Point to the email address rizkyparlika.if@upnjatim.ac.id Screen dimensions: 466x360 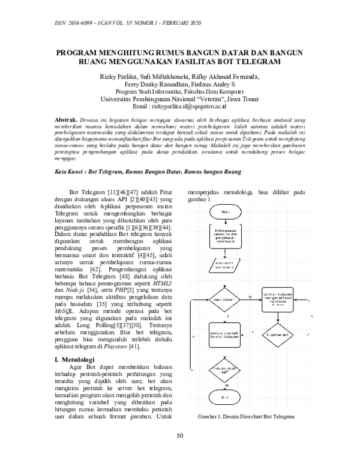coord(188,106)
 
